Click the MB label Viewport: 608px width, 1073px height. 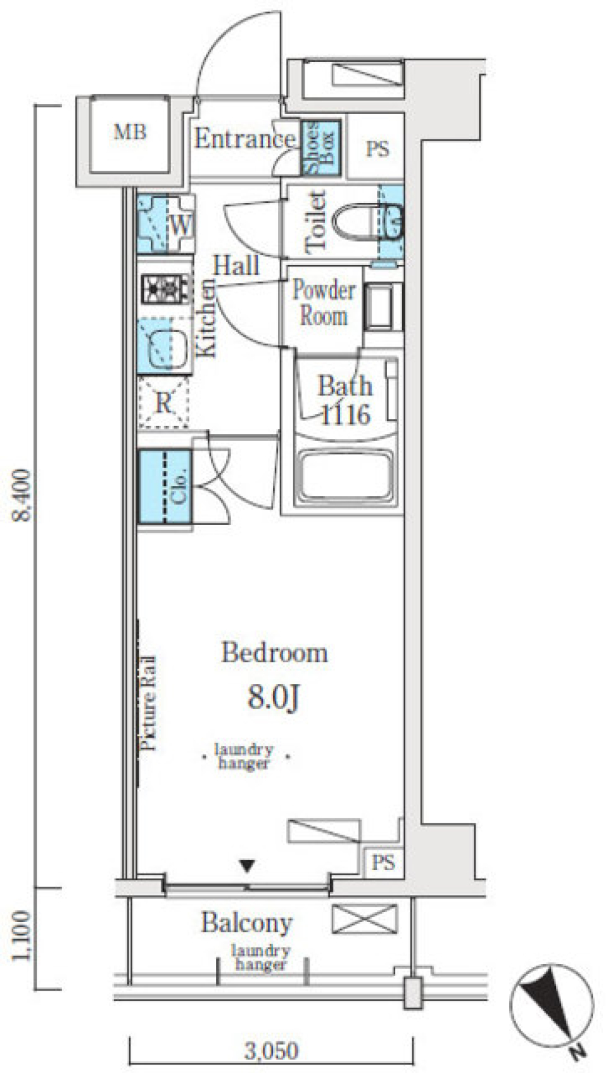tap(130, 132)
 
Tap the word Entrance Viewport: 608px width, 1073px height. tap(244, 139)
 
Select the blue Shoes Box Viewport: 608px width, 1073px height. tap(320, 148)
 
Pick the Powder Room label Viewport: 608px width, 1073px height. tap(324, 303)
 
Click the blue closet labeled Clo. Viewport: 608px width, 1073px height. tap(165, 486)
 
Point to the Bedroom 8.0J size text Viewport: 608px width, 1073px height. tap(274, 697)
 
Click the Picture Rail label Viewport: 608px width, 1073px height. tap(148, 704)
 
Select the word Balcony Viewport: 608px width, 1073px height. tap(246, 923)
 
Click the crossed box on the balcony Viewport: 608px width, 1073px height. tap(365, 918)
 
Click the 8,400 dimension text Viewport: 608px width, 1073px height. tap(23, 495)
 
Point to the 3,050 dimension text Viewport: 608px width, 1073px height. tap(272, 1051)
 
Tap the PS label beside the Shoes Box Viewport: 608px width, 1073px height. tap(377, 149)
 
